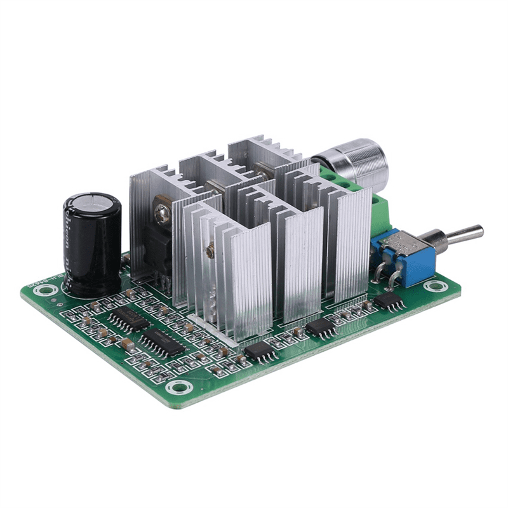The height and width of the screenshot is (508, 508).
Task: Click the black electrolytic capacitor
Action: (x=91, y=248)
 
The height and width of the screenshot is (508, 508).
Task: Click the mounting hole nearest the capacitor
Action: (x=45, y=291)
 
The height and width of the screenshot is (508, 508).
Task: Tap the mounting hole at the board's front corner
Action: (x=181, y=385)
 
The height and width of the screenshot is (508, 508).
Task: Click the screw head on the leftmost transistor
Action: (x=162, y=208)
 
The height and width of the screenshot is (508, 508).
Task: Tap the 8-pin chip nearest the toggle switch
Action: (x=389, y=300)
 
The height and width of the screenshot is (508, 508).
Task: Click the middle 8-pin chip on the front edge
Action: (x=321, y=327)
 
